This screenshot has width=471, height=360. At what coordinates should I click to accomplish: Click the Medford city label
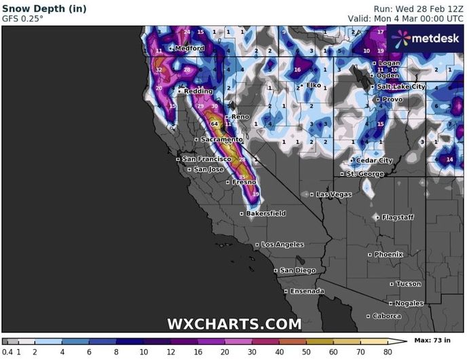[x=189, y=49]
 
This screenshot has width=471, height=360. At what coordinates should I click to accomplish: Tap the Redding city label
[x=198, y=91]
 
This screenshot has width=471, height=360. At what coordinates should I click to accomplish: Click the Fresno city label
[x=244, y=182]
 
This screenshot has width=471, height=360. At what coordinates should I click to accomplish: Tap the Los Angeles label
[x=282, y=245]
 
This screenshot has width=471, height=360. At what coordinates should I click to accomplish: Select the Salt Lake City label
[x=401, y=87]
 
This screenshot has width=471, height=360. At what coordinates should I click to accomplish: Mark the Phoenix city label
[x=389, y=254]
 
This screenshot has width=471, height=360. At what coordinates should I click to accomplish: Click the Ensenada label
[x=307, y=291]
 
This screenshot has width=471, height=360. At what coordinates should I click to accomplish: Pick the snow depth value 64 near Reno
[x=214, y=124]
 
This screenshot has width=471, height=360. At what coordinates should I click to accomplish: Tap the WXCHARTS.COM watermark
[x=234, y=324]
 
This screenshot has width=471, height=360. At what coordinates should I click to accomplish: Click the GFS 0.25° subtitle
[x=22, y=18]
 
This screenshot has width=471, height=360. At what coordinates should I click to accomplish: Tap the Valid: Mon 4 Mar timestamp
[x=406, y=18]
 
